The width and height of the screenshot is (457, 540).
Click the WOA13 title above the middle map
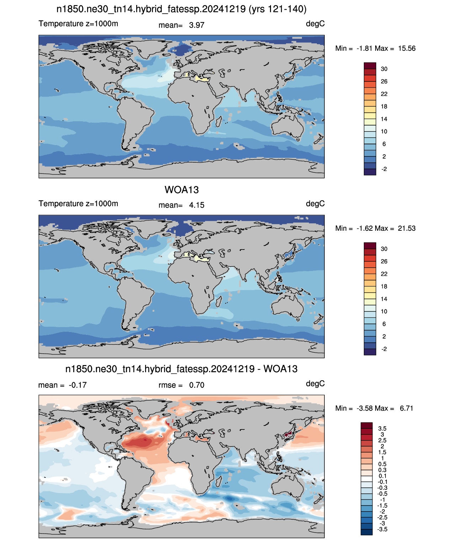pos(181,190)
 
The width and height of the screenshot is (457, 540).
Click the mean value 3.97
pos(196,25)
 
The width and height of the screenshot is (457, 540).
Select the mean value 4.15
pos(196,205)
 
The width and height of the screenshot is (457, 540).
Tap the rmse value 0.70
pos(196,385)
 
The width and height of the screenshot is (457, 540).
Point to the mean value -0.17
pos(78,385)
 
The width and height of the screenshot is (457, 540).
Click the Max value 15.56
pos(406,48)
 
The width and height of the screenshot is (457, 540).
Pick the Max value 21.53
pos(406,228)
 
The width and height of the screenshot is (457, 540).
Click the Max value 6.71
pos(406,408)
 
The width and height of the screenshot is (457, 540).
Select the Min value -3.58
pos(365,408)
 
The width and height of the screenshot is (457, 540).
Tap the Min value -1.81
pos(365,48)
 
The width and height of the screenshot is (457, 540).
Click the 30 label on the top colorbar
pos(384,69)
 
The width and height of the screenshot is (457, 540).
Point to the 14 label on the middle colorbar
pos(384,299)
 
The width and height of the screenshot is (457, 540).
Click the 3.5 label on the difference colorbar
pos(382,429)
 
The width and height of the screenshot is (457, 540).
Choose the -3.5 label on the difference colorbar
pos(382,530)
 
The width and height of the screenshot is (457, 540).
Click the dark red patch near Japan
pos(288,434)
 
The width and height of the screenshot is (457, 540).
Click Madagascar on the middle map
pos(219,301)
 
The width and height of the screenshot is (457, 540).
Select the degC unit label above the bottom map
pos(315,384)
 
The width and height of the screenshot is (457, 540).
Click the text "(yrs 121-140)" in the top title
pos(277,9)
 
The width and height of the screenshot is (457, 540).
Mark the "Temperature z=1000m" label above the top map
pos(78,23)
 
